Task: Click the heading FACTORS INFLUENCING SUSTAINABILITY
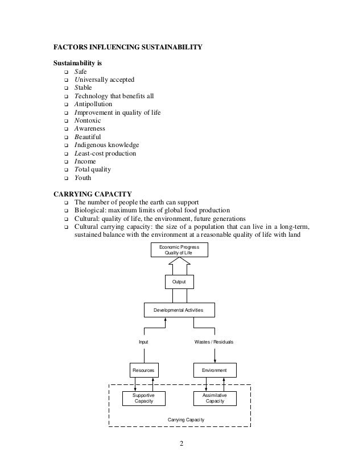pos(127,47)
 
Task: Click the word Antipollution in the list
pos(93,104)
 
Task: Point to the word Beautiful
pos(88,137)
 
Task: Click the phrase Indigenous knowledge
pos(106,145)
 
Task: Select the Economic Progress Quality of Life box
pos(179,250)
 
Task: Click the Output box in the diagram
pos(179,282)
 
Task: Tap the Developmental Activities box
pos(179,310)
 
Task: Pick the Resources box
pos(143,370)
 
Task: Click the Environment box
pos(214,370)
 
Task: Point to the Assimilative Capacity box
pos(214,397)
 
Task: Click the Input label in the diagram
pos(144,342)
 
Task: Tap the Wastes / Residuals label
pos(214,342)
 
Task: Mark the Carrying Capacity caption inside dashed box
pos(186,419)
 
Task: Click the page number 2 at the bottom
pos(181,445)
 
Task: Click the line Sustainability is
pos(78,63)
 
